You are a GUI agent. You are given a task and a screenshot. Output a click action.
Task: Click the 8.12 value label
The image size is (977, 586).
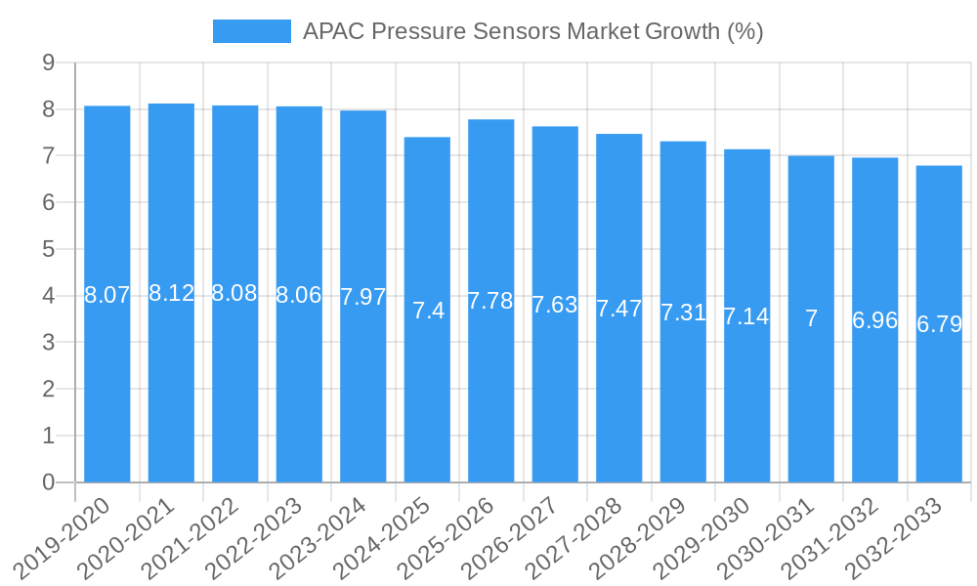tap(171, 293)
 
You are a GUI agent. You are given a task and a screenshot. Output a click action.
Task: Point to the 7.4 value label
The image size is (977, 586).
tap(428, 312)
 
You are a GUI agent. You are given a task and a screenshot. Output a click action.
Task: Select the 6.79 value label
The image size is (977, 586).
tap(939, 324)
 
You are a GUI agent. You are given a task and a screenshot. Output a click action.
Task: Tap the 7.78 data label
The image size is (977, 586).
tap(491, 301)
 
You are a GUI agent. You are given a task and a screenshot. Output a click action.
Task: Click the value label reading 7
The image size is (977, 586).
tap(811, 318)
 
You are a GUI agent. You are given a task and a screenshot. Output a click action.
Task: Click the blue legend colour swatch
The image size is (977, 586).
tap(252, 31)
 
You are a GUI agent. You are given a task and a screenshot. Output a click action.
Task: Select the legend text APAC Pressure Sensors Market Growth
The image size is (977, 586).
tap(532, 31)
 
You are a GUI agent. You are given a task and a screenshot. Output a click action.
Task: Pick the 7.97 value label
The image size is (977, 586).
tap(363, 298)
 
